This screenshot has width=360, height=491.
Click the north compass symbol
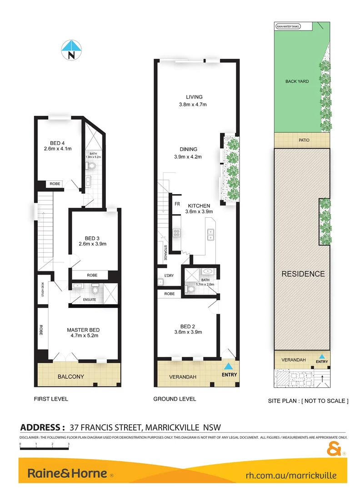coord(71,50)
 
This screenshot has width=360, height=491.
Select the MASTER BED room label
coord(83,330)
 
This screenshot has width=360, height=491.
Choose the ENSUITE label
coord(89,300)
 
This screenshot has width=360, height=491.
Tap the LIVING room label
coord(194,97)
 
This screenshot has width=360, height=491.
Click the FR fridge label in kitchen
coord(177,204)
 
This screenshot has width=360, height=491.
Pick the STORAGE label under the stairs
coord(166,252)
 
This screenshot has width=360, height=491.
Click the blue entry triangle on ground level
coord(229,366)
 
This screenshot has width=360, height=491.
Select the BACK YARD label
coord(297,81)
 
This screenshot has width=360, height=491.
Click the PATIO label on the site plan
coord(304,140)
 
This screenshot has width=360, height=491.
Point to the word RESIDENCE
coord(303,274)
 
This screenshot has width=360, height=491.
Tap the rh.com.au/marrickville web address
coord(291,475)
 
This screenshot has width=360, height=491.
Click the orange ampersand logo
coord(334,449)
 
